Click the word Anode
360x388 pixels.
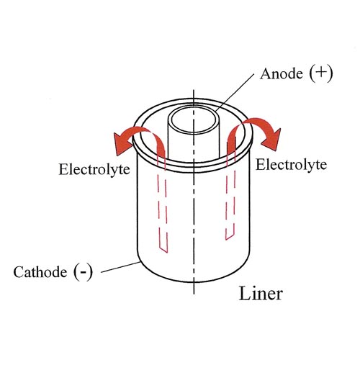[x=282, y=73]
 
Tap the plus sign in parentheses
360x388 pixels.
[x=320, y=73]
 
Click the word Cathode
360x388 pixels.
[x=40, y=272]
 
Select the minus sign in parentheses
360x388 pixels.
[x=83, y=273]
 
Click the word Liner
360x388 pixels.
[x=261, y=294]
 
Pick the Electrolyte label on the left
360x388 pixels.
[x=94, y=169]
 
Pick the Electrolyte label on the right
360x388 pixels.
[x=291, y=165]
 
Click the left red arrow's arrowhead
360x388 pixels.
[x=122, y=144]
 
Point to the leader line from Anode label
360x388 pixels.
[x=235, y=92]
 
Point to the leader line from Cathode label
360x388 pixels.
[x=121, y=267]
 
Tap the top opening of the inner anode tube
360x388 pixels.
[x=194, y=121]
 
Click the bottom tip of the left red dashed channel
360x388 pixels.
[x=167, y=253]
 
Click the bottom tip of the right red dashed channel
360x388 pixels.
[x=226, y=240]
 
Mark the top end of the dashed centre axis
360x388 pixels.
[x=194, y=90]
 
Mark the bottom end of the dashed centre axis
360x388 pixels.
[x=194, y=294]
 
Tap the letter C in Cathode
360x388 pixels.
[x=19, y=272]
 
